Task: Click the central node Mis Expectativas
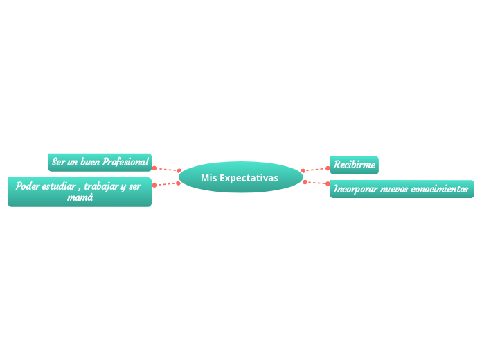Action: point(240,177)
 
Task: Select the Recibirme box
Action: point(354,165)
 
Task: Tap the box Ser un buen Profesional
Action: point(100,162)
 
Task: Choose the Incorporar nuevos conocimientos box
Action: point(402,188)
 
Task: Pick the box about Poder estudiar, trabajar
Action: point(79,192)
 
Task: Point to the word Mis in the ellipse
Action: point(208,178)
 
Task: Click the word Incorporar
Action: point(356,188)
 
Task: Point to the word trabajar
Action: point(104,186)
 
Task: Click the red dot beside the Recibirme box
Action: point(328,167)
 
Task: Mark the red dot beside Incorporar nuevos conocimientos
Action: point(328,184)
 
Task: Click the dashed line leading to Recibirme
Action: point(316,169)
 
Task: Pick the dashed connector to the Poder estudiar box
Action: point(166,184)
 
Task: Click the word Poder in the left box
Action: point(27,186)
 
